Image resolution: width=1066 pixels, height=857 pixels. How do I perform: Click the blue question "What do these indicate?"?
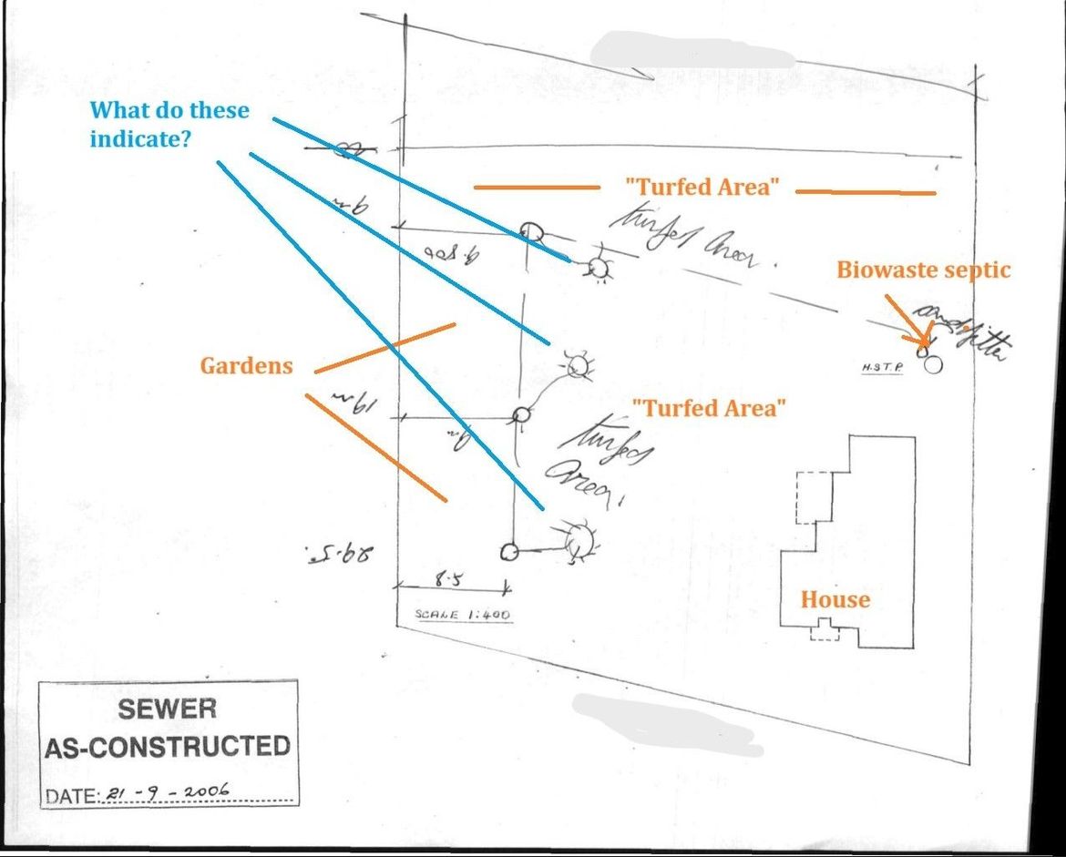coord(169,125)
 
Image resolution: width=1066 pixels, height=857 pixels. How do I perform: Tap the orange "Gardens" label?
coord(246,366)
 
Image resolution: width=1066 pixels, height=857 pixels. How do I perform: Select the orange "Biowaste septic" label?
coord(923,270)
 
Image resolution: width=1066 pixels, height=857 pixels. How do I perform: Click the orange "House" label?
coord(835,599)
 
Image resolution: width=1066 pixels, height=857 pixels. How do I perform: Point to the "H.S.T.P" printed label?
coord(882,368)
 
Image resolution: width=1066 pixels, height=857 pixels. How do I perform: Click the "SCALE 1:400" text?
coord(463,615)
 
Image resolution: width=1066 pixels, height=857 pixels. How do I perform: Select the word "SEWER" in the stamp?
coord(167,708)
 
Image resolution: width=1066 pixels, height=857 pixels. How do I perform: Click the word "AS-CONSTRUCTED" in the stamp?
coord(167,747)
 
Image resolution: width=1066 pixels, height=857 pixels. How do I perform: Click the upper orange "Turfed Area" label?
coord(702,188)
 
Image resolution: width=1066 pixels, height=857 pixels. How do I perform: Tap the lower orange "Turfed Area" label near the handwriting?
coord(713,408)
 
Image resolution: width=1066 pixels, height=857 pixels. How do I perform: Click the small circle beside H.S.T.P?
coord(932,365)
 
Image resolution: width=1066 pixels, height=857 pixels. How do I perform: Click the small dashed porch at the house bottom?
coord(825,630)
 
